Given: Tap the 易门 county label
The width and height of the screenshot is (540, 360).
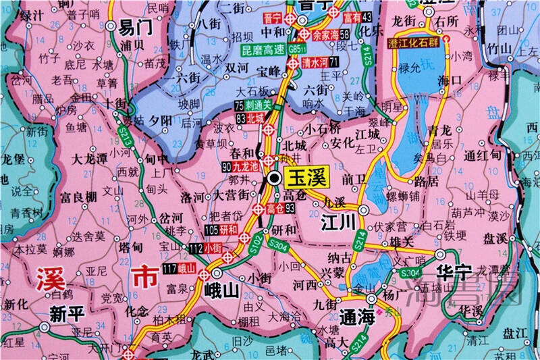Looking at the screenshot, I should pos(135,28).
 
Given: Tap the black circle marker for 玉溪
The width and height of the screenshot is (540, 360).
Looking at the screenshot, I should pos(274,178).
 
